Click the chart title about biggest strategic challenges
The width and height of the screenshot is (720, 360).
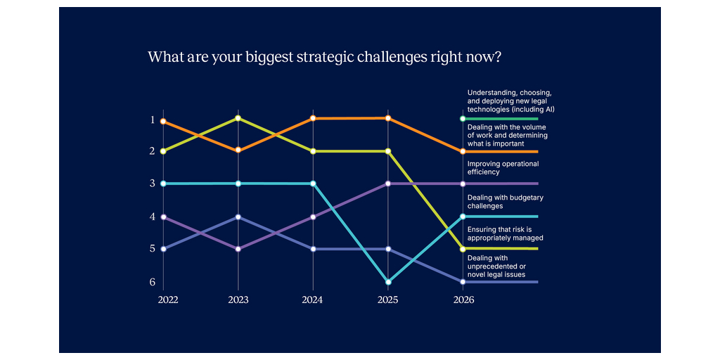(x=324, y=58)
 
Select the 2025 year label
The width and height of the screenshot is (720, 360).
(x=387, y=300)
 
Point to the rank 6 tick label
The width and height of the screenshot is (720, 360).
(x=152, y=283)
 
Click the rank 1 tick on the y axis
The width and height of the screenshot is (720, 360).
(x=152, y=120)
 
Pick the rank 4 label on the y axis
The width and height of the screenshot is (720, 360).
(x=152, y=217)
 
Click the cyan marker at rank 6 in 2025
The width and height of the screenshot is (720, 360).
(x=388, y=282)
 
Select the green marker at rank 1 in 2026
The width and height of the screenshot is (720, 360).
(x=463, y=119)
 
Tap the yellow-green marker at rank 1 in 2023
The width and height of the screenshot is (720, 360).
(x=238, y=118)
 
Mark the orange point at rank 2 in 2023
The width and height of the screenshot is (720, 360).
(x=238, y=150)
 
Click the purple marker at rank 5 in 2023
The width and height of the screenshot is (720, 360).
(x=238, y=249)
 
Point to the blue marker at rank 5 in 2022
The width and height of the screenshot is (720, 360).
(x=163, y=249)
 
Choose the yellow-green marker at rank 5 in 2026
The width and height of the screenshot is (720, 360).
(x=463, y=249)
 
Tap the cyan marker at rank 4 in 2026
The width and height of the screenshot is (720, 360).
(x=463, y=217)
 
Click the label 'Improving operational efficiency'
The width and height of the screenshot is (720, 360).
(x=503, y=167)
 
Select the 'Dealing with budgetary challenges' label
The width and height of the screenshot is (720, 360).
(x=505, y=202)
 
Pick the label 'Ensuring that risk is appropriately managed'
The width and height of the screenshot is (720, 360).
(x=505, y=233)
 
